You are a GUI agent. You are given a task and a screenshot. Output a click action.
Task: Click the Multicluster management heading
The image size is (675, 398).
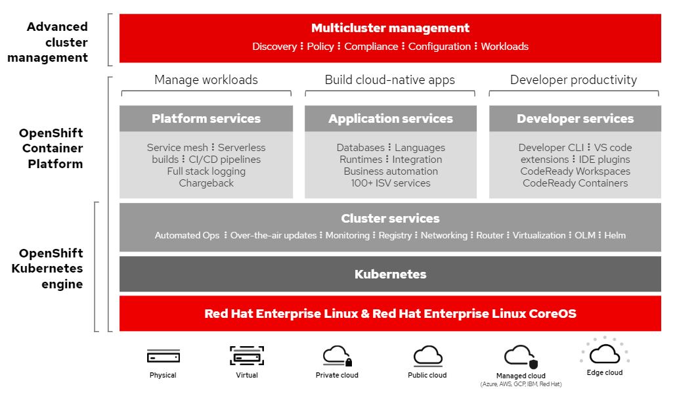click(390, 28)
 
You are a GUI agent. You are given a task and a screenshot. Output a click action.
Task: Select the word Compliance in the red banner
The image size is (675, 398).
click(371, 47)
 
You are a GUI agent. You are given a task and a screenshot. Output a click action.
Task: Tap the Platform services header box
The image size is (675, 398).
click(206, 119)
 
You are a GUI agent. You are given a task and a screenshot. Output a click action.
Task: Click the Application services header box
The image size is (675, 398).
click(391, 119)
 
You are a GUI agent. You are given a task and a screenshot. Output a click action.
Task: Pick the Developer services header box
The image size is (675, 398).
click(575, 119)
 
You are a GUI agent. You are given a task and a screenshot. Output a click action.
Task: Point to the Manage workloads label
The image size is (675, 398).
click(206, 80)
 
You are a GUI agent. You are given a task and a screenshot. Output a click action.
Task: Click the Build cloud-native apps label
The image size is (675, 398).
click(390, 80)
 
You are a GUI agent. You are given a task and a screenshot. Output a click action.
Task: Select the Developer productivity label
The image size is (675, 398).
click(574, 80)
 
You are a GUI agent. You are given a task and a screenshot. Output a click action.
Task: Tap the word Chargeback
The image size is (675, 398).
click(206, 183)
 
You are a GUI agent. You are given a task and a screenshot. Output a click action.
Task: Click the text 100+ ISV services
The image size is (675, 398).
click(391, 183)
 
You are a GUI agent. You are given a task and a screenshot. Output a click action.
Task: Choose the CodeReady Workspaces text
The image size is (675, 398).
click(575, 171)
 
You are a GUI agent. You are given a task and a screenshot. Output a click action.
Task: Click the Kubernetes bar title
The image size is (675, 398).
click(390, 275)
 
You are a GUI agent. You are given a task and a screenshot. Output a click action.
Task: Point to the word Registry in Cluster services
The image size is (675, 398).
click(395, 235)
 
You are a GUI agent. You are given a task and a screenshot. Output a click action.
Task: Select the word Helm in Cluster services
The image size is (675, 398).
click(615, 235)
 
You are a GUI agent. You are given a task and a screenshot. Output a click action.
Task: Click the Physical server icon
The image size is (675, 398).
click(163, 357)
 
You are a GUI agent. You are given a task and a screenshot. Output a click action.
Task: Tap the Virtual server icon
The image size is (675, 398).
click(247, 356)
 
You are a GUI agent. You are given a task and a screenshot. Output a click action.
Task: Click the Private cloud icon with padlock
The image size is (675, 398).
click(337, 356)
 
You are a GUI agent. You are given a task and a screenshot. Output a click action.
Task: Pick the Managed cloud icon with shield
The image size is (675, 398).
click(521, 356)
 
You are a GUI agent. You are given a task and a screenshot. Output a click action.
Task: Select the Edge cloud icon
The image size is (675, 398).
click(605, 353)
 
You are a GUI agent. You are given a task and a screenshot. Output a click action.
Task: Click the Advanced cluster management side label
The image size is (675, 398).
click(57, 42)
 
